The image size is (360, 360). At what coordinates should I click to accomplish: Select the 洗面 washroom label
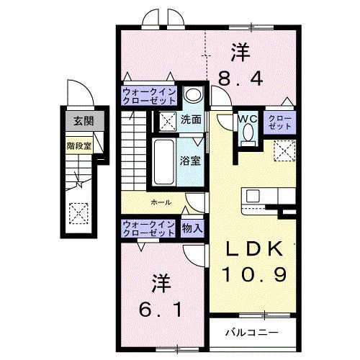pos(190,120)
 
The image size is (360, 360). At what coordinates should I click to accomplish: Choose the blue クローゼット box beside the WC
pos(280,122)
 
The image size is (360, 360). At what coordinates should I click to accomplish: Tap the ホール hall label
pos(161,202)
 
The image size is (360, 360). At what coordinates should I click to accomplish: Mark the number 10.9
pos(251,274)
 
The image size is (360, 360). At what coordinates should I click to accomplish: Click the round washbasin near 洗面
pos(192,96)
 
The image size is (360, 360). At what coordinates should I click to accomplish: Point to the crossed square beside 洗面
pos(168,120)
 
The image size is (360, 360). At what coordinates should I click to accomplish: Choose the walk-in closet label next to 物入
pos(150,228)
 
